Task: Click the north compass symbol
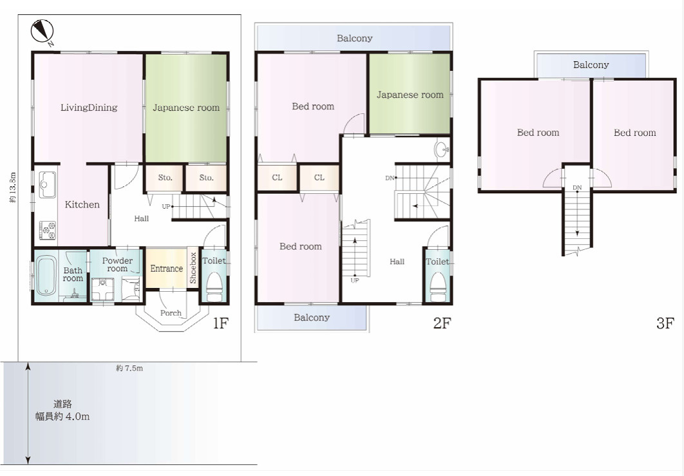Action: click(x=42, y=32)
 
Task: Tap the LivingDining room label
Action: click(x=89, y=108)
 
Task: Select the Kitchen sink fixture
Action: click(x=47, y=185)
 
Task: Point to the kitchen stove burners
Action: click(x=48, y=231)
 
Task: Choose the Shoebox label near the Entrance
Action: click(x=193, y=267)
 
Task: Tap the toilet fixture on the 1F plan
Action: click(x=214, y=287)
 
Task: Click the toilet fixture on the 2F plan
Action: click(x=437, y=287)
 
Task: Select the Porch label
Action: click(x=171, y=313)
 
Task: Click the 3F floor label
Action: click(x=665, y=323)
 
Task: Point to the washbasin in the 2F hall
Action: click(x=442, y=149)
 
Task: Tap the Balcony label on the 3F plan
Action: click(x=591, y=65)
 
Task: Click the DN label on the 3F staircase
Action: click(x=577, y=187)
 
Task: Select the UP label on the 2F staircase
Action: click(x=355, y=280)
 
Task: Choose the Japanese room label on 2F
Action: click(x=410, y=95)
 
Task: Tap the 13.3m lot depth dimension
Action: click(x=13, y=187)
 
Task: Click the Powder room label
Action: click(x=117, y=264)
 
